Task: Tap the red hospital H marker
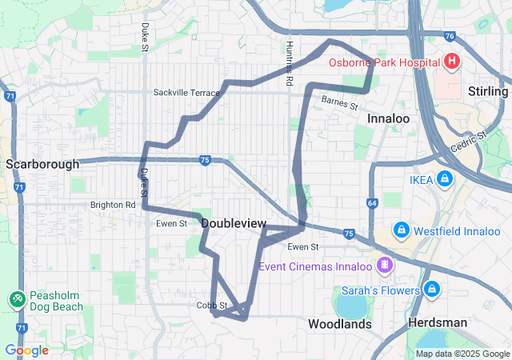point(451,62)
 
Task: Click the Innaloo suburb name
point(388,118)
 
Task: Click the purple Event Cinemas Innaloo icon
point(386,264)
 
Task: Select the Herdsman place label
point(438,322)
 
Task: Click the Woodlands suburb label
point(340,324)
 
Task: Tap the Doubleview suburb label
point(234,223)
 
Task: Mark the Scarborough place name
point(42,164)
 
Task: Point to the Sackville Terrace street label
point(186,93)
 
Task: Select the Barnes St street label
point(340,102)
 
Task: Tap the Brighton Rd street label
point(113,205)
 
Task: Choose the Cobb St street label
point(212,306)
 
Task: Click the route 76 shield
point(450,36)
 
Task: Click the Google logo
point(26,350)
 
